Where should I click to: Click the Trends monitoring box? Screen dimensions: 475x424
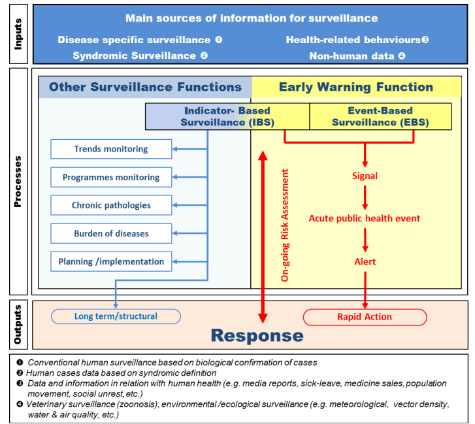[x=111, y=149]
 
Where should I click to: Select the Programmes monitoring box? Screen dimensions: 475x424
[x=111, y=177]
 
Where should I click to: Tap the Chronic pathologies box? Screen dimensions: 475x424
[x=111, y=205]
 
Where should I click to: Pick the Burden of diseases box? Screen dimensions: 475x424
[x=111, y=233]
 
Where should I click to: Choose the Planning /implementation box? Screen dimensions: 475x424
[x=111, y=261]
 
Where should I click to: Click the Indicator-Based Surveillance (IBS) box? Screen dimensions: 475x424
[x=227, y=116]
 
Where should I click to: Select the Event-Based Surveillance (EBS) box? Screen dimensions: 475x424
[x=380, y=116]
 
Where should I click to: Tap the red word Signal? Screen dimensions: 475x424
[x=365, y=176]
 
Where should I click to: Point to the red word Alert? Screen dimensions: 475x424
[x=365, y=262]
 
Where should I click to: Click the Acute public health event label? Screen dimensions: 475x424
[x=365, y=218]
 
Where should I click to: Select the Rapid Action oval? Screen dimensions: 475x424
[x=365, y=317]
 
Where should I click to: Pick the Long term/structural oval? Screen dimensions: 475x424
[x=116, y=316]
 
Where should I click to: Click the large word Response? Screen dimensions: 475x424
[x=257, y=336]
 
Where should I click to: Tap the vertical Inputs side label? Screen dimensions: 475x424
[x=18, y=34]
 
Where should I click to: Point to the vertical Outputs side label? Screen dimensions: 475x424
[x=18, y=325]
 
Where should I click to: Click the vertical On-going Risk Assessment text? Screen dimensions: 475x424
[x=285, y=225]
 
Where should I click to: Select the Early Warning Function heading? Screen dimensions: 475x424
[x=356, y=87]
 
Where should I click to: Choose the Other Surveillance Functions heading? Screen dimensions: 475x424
[x=146, y=87]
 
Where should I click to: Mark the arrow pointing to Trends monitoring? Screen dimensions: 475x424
[x=190, y=149]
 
